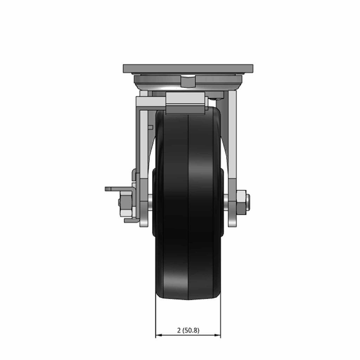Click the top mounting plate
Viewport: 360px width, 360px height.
[x=188, y=68]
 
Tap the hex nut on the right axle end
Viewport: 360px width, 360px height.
[x=241, y=201]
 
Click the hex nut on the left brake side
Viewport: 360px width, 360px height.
[x=126, y=202]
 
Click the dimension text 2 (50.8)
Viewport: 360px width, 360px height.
[x=188, y=330]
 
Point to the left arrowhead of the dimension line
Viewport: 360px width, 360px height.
[x=159, y=335]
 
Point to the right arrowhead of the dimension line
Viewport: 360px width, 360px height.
[x=217, y=335]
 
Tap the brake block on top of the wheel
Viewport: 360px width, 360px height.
[x=185, y=103]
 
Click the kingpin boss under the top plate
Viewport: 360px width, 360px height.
[x=188, y=82]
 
